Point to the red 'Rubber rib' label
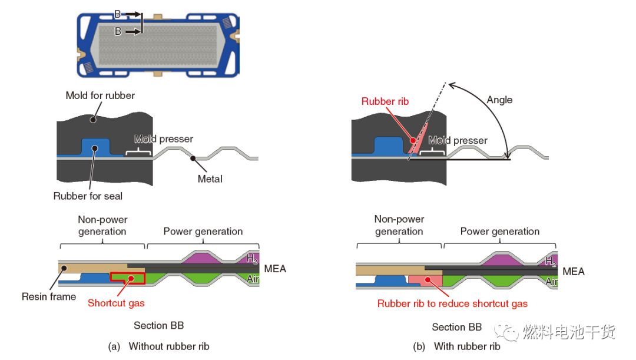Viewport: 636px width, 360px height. click(x=386, y=101)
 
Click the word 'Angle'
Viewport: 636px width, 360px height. click(x=499, y=100)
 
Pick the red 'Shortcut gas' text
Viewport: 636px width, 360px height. click(x=115, y=303)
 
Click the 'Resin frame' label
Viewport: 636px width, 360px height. click(x=49, y=296)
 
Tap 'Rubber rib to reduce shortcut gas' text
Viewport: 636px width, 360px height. click(x=452, y=303)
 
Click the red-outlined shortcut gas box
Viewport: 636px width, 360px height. click(x=127, y=278)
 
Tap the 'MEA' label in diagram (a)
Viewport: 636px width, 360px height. click(x=276, y=269)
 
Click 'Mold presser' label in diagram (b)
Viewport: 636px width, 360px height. click(x=458, y=140)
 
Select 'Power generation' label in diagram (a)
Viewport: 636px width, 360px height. click(x=203, y=231)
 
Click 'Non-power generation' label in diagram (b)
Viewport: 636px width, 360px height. click(x=399, y=225)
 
